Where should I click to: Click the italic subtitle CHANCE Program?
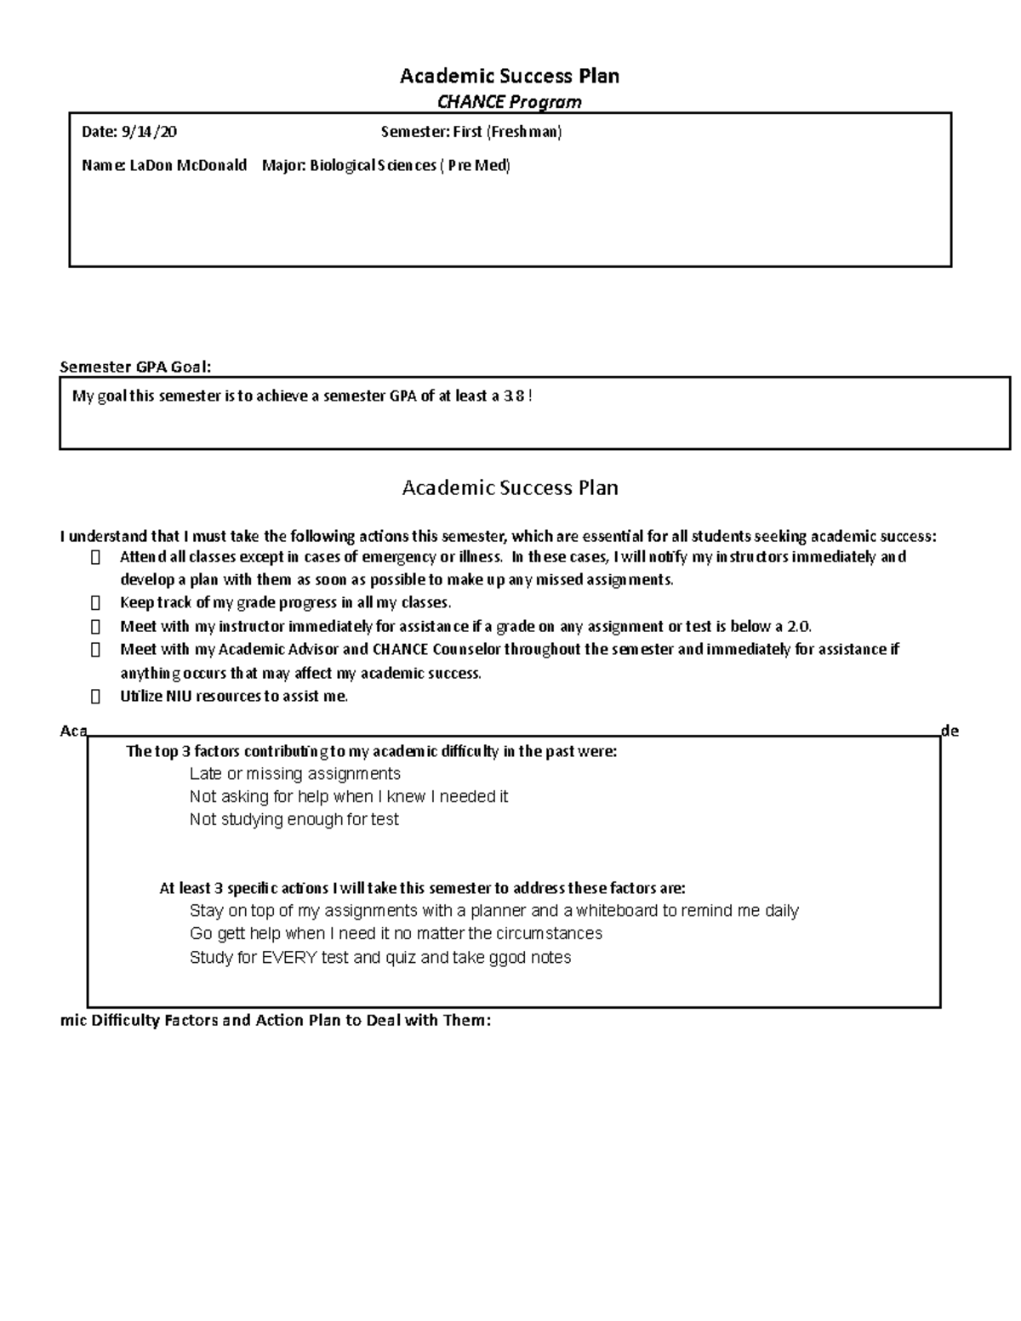click(509, 102)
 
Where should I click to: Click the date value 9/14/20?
click(149, 132)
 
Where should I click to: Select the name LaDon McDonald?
click(188, 165)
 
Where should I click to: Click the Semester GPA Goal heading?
click(135, 367)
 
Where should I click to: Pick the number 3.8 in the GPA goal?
click(514, 396)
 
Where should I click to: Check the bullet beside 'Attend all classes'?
click(95, 557)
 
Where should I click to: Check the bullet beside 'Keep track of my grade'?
click(95, 603)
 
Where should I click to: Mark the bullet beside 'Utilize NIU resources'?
click(95, 697)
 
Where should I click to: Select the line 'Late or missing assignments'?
click(294, 774)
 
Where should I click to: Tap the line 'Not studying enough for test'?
click(294, 820)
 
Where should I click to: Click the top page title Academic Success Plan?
click(509, 76)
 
